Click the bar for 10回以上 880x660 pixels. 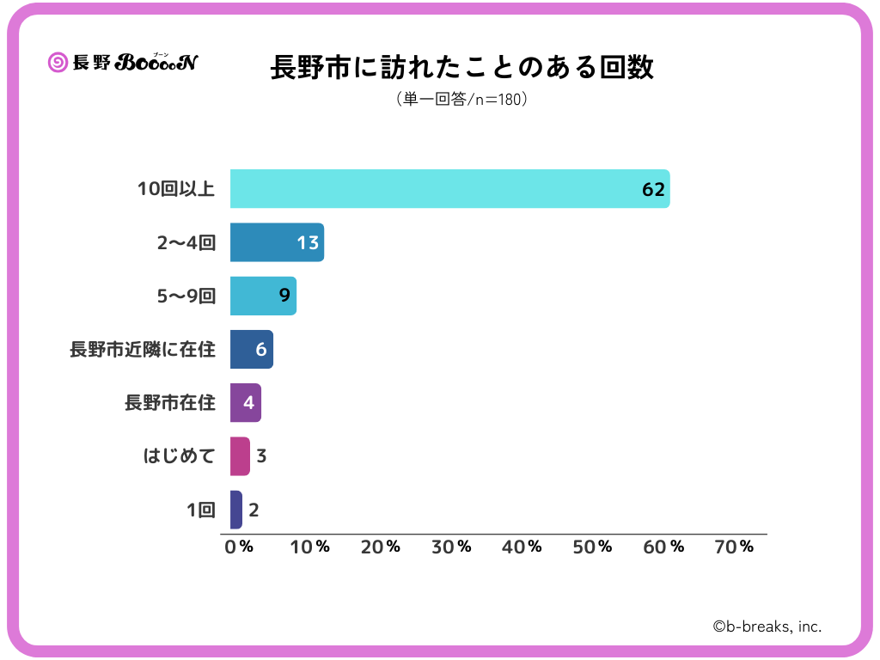click(447, 189)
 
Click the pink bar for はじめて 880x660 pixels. click(240, 456)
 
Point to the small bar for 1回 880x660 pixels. click(236, 510)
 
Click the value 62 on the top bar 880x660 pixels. click(653, 189)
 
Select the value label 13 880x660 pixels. click(308, 242)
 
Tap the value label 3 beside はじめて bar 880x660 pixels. click(261, 456)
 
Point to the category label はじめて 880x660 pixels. click(179, 456)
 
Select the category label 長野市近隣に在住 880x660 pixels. click(143, 350)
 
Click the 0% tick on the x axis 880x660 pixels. click(238, 547)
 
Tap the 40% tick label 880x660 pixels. click(522, 547)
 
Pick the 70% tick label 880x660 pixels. click(734, 547)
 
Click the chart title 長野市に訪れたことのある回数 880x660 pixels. click(462, 67)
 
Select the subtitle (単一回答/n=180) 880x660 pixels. click(462, 99)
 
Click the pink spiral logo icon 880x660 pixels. click(58, 62)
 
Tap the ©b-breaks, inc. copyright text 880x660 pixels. click(767, 626)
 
